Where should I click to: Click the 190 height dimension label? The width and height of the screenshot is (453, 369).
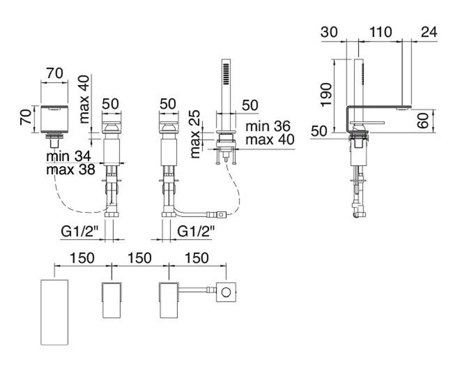coord(326,95)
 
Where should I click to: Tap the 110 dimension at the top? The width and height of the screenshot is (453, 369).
coord(381,32)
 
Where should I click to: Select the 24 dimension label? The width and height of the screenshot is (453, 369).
coord(429,32)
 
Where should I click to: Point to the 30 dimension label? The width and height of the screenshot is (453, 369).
coord(329,32)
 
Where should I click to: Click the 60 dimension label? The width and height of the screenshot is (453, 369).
coord(422,121)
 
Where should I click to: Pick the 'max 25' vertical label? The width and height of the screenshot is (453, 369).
coord(195,134)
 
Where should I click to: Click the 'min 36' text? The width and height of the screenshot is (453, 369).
coord(268,126)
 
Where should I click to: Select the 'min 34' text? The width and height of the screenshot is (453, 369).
coord(68,156)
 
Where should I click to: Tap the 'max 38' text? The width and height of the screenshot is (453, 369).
coord(71,170)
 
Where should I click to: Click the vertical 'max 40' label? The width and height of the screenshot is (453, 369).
coord(84,99)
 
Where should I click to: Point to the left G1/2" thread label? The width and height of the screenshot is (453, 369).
coord(80,231)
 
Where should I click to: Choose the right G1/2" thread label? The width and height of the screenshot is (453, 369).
coord(196,231)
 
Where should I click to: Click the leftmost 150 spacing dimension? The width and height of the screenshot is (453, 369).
coord(82,258)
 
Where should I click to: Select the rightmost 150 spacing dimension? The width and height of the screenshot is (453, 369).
coord(197,258)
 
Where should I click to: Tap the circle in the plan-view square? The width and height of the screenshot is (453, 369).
coord(226,292)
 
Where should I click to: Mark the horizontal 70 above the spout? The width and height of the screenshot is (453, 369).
coord(55,73)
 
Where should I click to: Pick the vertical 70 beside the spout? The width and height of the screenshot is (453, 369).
coord(26,117)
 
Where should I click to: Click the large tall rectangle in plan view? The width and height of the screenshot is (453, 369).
coord(55,312)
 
